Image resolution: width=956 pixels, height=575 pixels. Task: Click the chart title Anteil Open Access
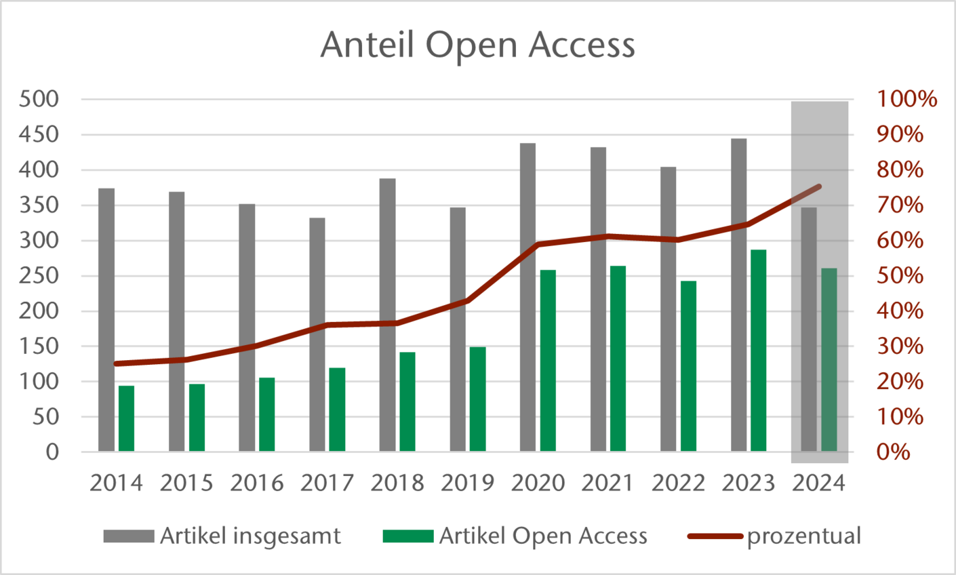(477, 45)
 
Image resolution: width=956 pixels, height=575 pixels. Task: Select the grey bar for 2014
(106, 319)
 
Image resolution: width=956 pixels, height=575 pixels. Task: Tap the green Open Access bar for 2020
(548, 360)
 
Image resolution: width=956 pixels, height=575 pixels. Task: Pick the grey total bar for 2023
(739, 295)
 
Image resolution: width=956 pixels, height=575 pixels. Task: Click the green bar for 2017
(337, 410)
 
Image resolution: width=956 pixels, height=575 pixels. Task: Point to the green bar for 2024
(829, 359)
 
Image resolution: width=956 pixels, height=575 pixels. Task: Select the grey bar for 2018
(387, 315)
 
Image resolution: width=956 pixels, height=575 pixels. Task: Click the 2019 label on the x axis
(468, 483)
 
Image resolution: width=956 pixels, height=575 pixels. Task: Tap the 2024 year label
(819, 483)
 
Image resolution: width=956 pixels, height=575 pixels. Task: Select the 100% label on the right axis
(907, 100)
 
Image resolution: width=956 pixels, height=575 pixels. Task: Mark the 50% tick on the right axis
(900, 276)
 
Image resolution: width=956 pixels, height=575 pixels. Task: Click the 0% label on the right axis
(894, 452)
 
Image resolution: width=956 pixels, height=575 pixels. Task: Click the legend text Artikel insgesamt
(250, 536)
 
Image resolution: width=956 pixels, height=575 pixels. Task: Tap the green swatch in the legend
(408, 536)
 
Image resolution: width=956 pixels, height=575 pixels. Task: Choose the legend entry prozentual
(803, 536)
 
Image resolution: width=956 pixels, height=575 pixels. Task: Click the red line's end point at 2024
(819, 186)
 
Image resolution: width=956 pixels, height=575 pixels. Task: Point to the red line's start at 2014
(117, 363)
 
